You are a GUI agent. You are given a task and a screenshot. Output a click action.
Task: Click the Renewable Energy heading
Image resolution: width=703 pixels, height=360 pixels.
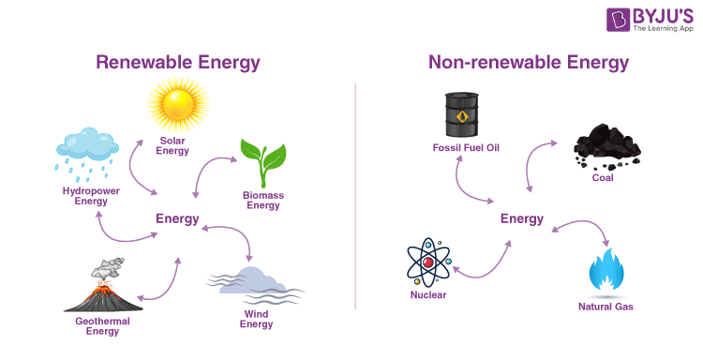[177, 63]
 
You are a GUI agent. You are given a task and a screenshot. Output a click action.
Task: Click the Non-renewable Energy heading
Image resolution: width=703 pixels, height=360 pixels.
[528, 63]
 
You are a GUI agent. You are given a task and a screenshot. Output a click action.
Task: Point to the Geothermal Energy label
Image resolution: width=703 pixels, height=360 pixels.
[102, 326]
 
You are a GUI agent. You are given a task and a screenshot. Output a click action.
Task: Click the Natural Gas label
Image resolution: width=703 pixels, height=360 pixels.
[606, 307]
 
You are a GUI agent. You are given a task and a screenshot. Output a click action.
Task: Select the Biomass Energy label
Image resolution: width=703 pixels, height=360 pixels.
[263, 201]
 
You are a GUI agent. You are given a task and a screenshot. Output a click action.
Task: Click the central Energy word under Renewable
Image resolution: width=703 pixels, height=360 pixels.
[177, 219]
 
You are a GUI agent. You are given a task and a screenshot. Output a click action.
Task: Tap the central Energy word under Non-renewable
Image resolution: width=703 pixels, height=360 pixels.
[522, 219]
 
